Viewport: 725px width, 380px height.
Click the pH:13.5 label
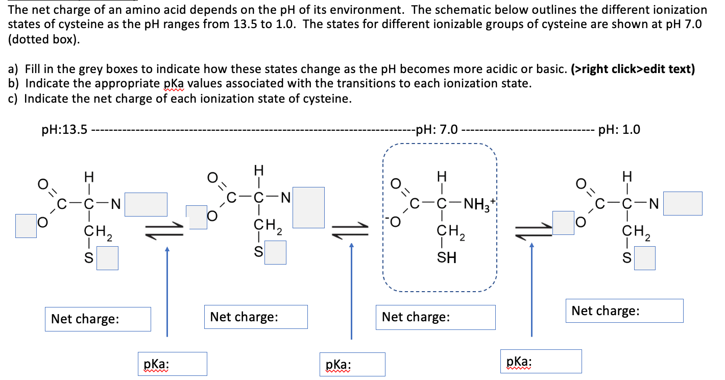[64, 130]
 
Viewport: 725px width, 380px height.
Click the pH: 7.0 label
[437, 130]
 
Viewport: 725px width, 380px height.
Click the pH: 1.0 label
[619, 130]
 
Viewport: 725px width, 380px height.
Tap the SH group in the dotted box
[446, 258]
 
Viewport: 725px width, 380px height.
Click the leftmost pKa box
[173, 364]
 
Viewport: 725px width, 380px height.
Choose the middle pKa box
[352, 365]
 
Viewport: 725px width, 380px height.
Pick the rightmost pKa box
[541, 361]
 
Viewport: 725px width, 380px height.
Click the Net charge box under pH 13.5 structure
[98, 319]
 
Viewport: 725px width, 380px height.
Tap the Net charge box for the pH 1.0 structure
[624, 311]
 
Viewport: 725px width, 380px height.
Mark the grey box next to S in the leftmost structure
[108, 258]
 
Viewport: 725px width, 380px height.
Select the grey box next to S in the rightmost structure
[645, 258]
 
